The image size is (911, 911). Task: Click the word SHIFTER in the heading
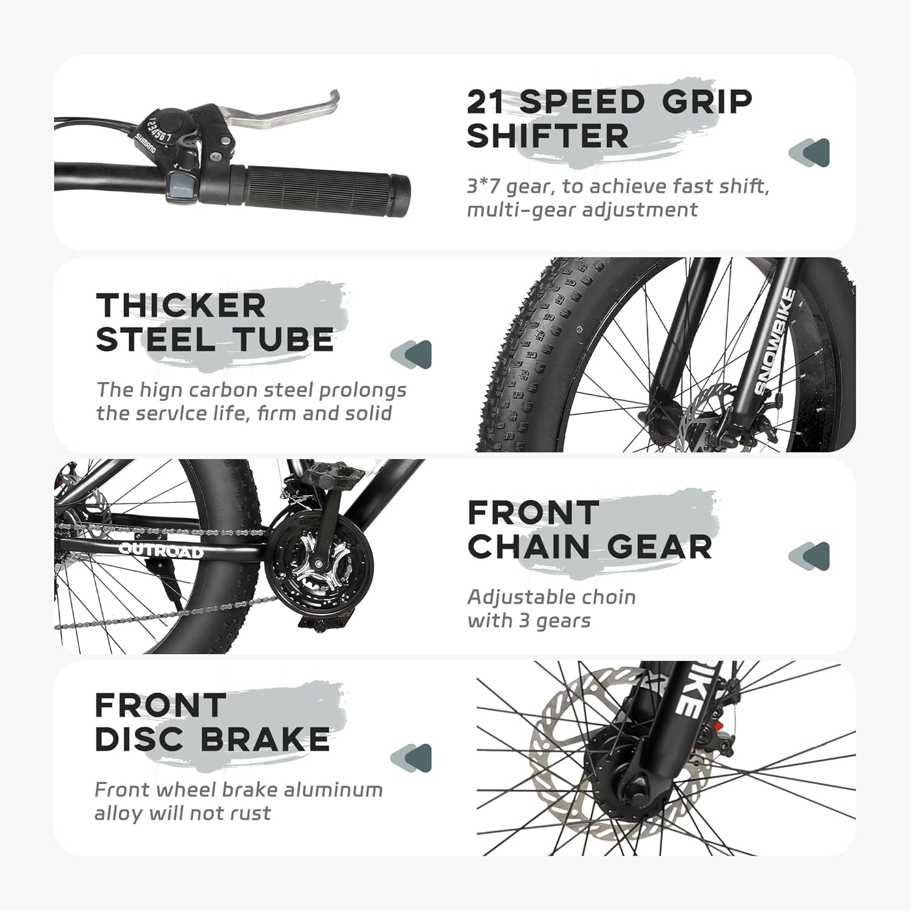click(x=548, y=135)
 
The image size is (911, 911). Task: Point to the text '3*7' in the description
click(x=483, y=186)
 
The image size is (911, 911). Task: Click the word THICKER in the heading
click(x=181, y=305)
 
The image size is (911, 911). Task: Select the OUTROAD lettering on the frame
click(x=161, y=551)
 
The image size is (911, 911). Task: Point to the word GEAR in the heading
click(x=658, y=547)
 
